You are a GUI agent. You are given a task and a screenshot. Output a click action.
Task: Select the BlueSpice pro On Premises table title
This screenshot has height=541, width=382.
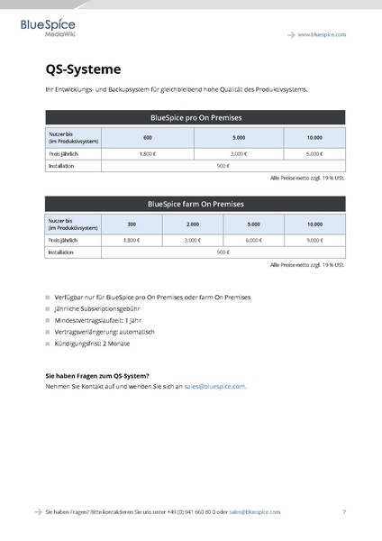[x=195, y=117]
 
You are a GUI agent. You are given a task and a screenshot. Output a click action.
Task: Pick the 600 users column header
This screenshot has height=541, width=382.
[x=148, y=137]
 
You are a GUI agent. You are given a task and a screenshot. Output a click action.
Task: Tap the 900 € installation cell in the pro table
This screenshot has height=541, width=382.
[x=223, y=166]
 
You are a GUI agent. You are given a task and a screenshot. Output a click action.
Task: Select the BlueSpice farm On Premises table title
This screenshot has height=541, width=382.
[x=195, y=204]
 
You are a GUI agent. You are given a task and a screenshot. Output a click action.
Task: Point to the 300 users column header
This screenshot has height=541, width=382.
[x=132, y=224]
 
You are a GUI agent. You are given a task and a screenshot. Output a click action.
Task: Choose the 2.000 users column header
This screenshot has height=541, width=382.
[x=193, y=224]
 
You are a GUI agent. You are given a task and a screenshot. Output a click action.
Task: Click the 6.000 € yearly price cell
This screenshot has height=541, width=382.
[x=253, y=241]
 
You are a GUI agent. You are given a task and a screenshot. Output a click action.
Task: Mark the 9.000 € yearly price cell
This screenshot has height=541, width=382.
[x=314, y=241]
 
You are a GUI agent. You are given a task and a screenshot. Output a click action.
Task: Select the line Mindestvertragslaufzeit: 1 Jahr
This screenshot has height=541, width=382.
[x=98, y=320]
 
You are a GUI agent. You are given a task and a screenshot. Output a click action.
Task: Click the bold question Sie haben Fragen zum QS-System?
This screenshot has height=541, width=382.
[x=97, y=375]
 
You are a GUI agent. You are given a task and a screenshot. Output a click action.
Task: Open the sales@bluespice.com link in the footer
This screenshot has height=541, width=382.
[x=255, y=511]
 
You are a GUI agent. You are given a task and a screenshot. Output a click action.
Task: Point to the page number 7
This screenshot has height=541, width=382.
[x=343, y=511]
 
